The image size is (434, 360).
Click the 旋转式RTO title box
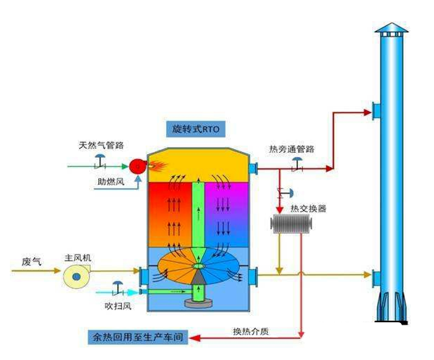coord(196,129)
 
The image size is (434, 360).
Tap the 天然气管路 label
coord(101,145)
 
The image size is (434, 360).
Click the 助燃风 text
coord(111,182)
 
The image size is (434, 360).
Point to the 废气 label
coord(32,262)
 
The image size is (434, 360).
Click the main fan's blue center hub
coord(77,276)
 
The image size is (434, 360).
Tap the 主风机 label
coord(78,258)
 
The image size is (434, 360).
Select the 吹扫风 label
coord(118,306)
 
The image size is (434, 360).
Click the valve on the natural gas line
coord(100,161)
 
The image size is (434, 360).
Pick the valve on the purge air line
coord(118,288)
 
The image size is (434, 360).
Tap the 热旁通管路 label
coord(292,149)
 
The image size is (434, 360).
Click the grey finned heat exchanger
coord(291,224)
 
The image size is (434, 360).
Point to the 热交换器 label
coord(308,208)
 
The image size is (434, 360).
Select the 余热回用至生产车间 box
coord(138,337)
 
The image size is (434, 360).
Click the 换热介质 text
coord(251,331)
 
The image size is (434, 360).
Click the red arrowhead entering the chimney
coord(368,113)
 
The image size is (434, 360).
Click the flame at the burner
coord(158,166)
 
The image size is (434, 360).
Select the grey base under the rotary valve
coord(198,303)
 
